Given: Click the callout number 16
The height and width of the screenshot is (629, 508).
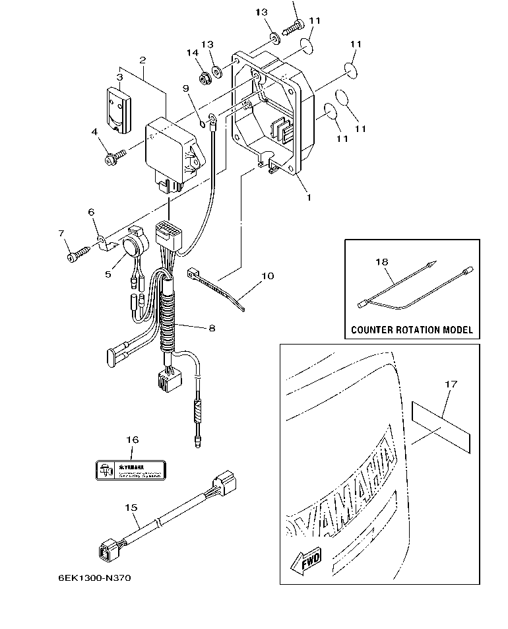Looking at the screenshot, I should (x=133, y=440).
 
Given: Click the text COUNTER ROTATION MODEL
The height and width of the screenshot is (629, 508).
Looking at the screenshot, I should (x=412, y=329).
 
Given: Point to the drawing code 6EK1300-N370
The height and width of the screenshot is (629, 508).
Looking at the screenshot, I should (x=94, y=578).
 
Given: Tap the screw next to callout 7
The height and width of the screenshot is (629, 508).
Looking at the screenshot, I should (x=78, y=254).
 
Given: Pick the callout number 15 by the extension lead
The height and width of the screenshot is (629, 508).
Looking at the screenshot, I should (x=131, y=507).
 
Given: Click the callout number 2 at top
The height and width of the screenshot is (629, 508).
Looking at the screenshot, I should (x=142, y=60).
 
